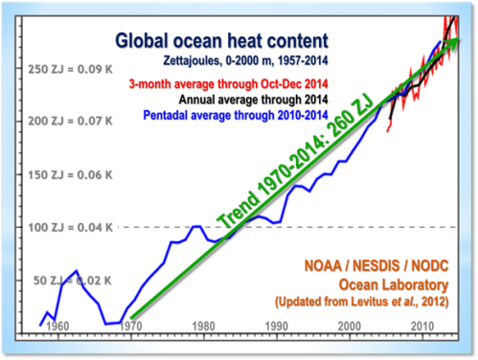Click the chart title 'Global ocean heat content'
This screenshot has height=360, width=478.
(221, 41)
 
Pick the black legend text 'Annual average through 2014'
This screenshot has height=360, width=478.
(252, 99)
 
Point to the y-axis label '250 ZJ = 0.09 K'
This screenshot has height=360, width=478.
(69, 70)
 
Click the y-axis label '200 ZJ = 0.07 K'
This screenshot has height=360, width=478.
(69, 123)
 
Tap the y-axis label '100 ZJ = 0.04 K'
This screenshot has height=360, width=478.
(69, 228)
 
